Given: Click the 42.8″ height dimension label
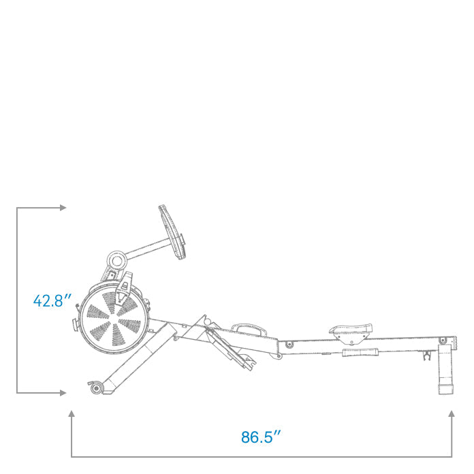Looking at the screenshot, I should coord(48,300).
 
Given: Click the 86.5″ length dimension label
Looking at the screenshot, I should coord(261,437).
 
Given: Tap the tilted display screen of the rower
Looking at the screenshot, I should coord(173,232).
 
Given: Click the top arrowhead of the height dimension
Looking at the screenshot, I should coord(63,207).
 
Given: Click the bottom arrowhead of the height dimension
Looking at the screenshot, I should coord(63,392).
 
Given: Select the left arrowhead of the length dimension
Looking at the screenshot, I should coord(72,413).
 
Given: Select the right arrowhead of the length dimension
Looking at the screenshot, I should coord(451,413).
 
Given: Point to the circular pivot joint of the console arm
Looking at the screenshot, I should coord(116,260).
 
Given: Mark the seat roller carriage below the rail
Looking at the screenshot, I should coord(359,353).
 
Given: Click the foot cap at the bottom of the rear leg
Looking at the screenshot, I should coord(446,389).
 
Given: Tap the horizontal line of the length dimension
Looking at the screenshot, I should coord(261,456).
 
